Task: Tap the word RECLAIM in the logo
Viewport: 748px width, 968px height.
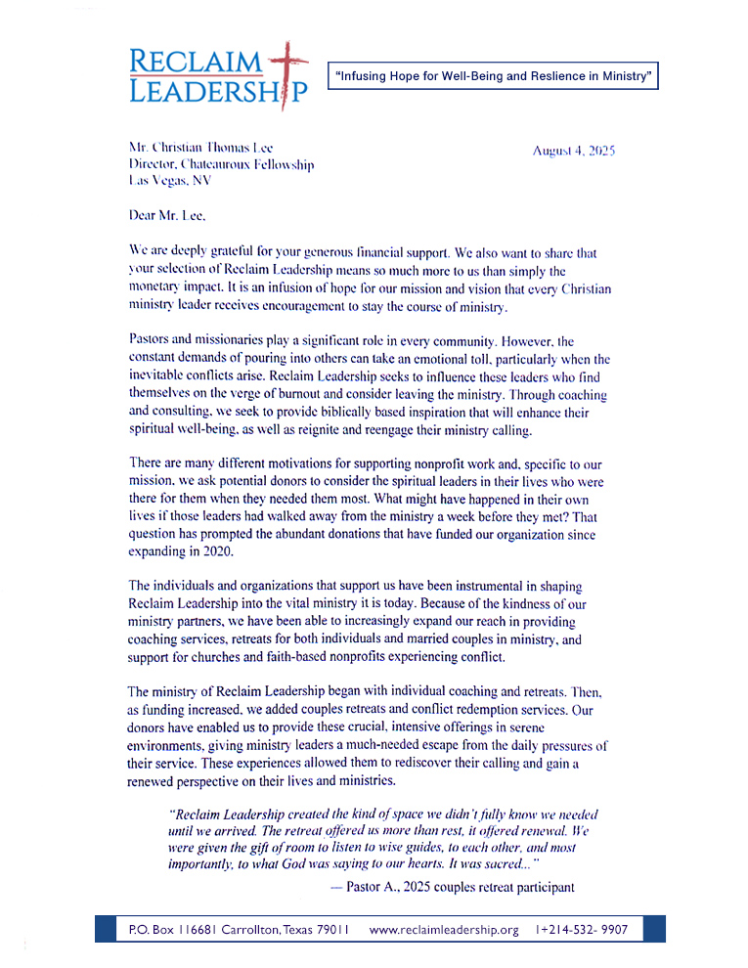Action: point(196,62)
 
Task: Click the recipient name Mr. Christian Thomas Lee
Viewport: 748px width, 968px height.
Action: point(200,148)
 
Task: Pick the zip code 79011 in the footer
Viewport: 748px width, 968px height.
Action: point(331,929)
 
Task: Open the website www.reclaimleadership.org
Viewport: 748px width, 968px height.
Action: point(444,929)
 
